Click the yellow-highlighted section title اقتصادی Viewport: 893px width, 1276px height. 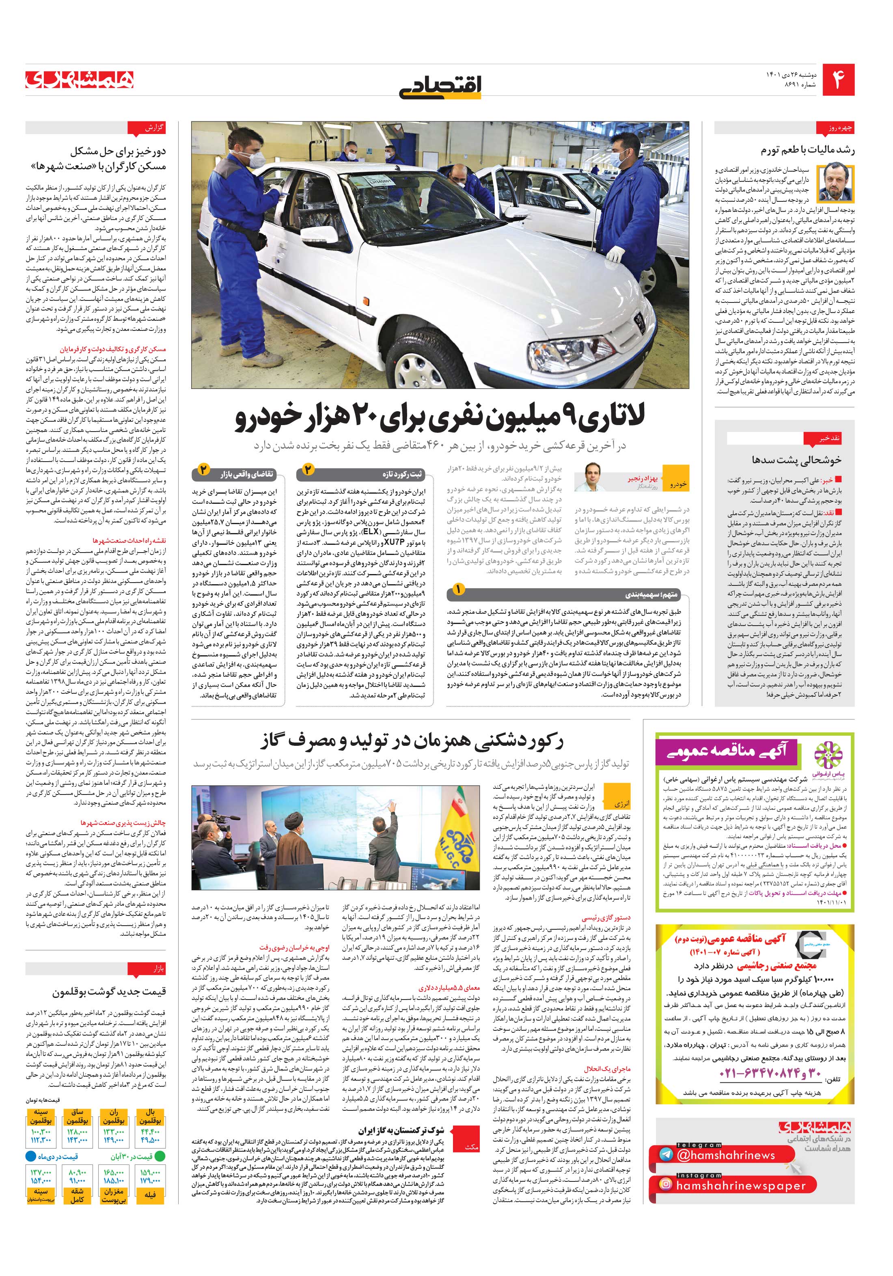(x=441, y=87)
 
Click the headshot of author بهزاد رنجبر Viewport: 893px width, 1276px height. (x=589, y=477)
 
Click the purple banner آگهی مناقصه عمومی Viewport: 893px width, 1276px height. (x=727, y=752)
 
